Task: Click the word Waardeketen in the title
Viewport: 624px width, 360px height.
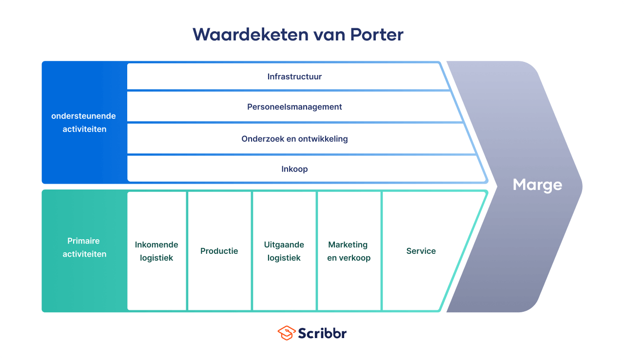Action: [251, 35]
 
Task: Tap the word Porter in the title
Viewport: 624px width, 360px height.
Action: [377, 35]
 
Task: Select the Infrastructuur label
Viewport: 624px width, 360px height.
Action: [294, 76]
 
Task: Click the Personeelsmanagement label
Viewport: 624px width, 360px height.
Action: [294, 107]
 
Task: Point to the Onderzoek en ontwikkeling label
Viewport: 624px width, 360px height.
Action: [294, 139]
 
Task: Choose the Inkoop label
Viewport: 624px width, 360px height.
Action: [294, 169]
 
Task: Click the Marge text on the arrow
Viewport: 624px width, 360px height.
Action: [537, 185]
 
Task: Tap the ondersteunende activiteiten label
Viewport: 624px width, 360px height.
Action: [83, 122]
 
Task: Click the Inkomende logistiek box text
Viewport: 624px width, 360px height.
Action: [156, 251]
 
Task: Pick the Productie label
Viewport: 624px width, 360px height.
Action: [219, 251]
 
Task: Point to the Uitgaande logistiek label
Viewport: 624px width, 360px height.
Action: [284, 251]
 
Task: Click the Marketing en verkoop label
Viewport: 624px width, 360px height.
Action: [349, 251]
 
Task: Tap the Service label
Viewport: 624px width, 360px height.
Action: [421, 251]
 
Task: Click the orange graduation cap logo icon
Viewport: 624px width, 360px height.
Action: [286, 333]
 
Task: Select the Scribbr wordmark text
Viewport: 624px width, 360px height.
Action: [322, 333]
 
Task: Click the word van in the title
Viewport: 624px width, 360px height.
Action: [329, 35]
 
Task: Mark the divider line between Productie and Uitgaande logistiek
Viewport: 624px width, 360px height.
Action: [252, 251]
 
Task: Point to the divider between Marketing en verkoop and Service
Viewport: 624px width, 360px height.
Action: [382, 251]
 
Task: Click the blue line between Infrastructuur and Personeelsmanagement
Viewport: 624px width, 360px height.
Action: [289, 91]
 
